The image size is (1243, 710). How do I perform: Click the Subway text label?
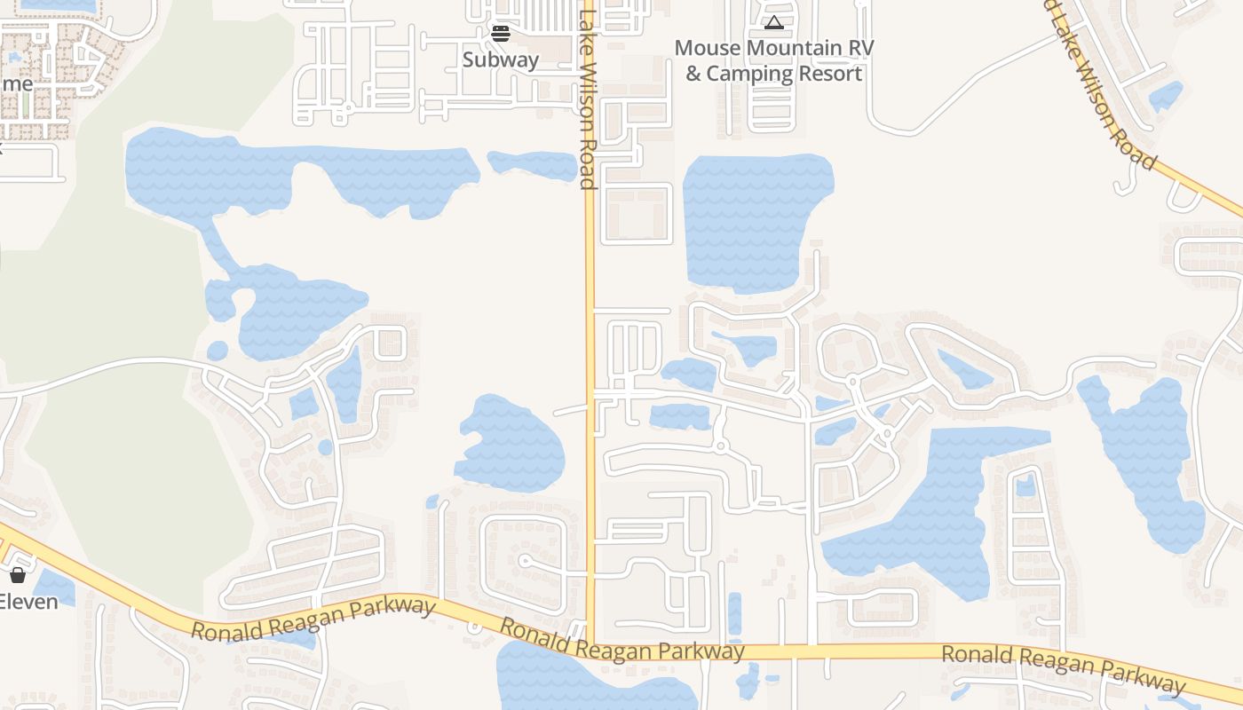pos(501,59)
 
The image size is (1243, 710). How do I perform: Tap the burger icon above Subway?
pos(501,34)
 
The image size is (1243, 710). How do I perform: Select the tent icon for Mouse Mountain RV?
pos(773,22)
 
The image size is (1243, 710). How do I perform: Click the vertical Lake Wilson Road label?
pos(586,98)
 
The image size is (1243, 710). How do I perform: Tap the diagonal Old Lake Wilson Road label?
pos(1101,84)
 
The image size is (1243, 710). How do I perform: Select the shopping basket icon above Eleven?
pos(18,574)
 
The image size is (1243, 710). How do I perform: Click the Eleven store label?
pos(28,601)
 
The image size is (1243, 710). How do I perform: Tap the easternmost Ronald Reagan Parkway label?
pos(1064,667)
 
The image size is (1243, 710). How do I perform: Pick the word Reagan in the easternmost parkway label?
pos(1063,667)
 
